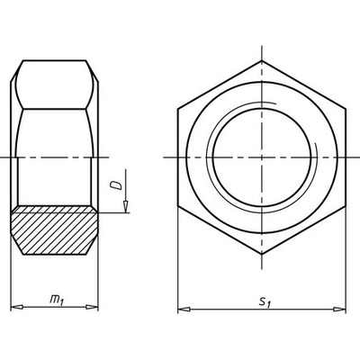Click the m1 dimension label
point(57,301)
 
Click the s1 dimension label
point(265,301)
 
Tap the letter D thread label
point(116,185)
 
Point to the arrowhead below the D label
point(126,207)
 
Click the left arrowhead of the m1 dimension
point(17,307)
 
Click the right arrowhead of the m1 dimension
point(92,307)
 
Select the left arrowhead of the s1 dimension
point(184,309)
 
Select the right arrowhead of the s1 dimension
point(339,309)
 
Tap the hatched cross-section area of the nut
point(55,230)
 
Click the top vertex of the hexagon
point(262,60)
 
